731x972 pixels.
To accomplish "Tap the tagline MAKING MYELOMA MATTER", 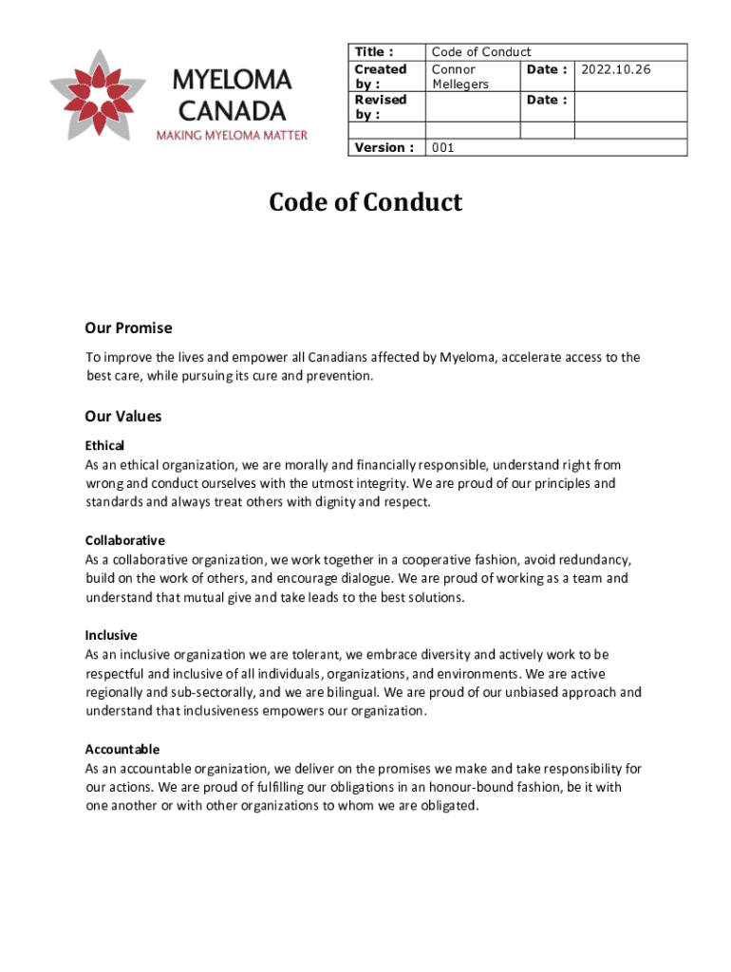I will [232, 135].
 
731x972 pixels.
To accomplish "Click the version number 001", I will [444, 148].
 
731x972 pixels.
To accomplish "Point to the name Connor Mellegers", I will [460, 77].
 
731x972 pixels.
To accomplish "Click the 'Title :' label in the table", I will [373, 52].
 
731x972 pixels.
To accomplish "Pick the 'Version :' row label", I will [384, 148].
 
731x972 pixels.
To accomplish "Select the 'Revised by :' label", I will [380, 107].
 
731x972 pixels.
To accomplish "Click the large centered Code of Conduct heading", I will [365, 202].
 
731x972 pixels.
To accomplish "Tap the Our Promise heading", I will [128, 328].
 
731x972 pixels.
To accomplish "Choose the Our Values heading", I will [123, 417].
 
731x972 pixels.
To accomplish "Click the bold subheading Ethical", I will [104, 445].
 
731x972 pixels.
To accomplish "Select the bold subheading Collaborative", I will [124, 540].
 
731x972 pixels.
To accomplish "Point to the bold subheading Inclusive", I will [111, 635].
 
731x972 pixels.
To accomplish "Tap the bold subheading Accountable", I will [122, 749].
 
